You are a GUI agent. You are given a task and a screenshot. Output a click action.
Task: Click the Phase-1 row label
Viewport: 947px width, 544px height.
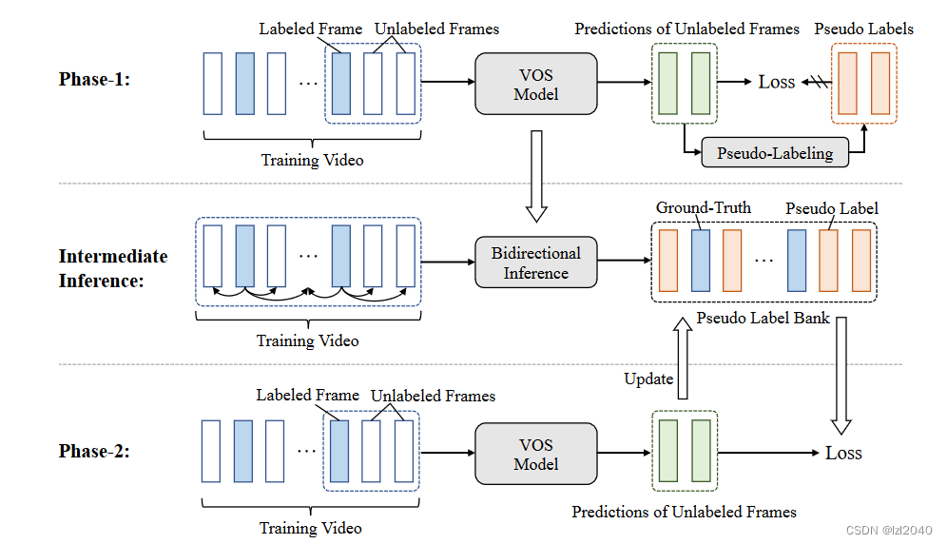[x=94, y=79]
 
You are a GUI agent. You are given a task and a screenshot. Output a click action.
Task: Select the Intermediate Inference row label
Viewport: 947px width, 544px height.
[x=112, y=268]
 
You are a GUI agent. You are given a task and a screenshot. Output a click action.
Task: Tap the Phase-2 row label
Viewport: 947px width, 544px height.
[x=94, y=452]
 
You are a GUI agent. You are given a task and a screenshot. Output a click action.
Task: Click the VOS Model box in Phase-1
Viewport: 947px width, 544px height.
[x=535, y=83]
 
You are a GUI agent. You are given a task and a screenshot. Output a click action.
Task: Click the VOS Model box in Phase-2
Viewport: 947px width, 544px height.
[x=535, y=454]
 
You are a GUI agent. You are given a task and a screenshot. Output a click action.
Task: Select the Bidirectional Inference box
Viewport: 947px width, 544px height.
[x=535, y=263]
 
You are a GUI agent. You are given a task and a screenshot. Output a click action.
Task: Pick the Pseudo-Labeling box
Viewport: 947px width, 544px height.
[x=774, y=152]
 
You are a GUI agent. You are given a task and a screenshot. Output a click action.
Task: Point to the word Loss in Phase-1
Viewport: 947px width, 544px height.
[x=776, y=82]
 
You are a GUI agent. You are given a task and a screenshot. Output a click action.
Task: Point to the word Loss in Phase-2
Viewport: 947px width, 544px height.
[x=843, y=453]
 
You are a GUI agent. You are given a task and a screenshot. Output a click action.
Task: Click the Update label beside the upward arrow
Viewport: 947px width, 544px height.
[x=648, y=379]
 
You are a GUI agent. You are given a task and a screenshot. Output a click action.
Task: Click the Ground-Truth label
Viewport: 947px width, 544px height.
[x=703, y=207]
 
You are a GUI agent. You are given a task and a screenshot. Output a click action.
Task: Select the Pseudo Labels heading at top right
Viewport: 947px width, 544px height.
[x=863, y=29]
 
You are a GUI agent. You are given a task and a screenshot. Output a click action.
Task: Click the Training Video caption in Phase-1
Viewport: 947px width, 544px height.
[x=312, y=160]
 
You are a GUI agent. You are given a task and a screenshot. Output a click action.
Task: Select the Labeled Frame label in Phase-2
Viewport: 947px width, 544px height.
[x=307, y=395]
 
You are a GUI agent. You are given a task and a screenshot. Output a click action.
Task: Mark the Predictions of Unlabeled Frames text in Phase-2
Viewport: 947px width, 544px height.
[x=684, y=512]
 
